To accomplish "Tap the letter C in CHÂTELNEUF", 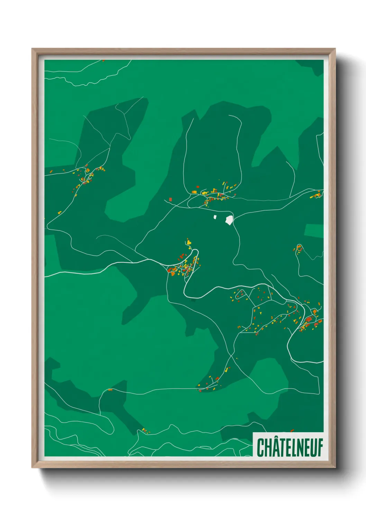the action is [x=260, y=447].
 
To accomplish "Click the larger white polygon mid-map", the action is [x=229, y=220].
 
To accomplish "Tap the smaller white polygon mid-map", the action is [x=215, y=217].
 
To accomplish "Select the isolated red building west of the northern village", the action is [x=170, y=199].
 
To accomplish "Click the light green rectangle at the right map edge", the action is [x=314, y=231].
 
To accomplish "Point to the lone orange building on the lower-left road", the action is [x=110, y=390].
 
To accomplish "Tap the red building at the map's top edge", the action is [x=103, y=61].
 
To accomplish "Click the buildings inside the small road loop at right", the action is [x=299, y=249].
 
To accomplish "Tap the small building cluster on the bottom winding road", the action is [x=146, y=431].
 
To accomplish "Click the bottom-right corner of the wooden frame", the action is [x=335, y=467].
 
